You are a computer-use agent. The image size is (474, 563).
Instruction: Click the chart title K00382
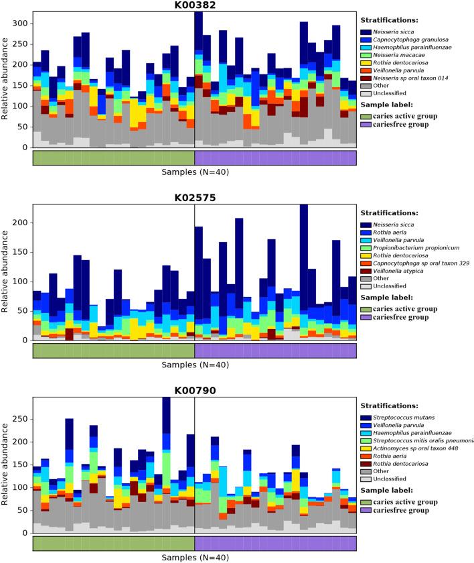(194, 5)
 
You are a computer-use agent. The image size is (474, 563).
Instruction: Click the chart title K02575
(194, 198)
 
